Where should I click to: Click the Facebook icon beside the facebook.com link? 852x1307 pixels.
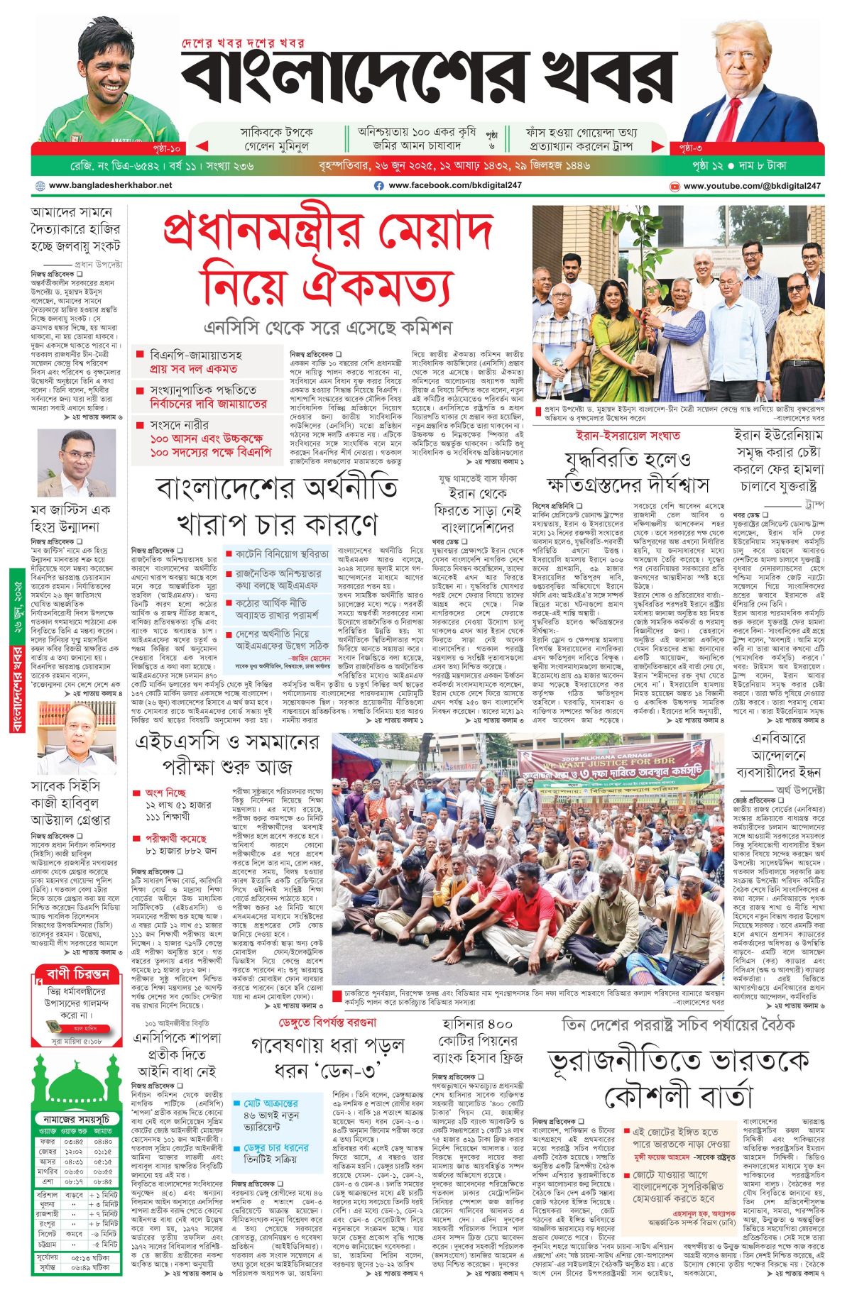(x=379, y=186)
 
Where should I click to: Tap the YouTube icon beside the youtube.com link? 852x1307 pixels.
(x=674, y=186)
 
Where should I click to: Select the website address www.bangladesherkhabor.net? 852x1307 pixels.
(x=110, y=186)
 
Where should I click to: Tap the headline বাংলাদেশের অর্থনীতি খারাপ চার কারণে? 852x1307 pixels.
(x=277, y=507)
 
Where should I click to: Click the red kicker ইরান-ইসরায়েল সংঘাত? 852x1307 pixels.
(x=628, y=436)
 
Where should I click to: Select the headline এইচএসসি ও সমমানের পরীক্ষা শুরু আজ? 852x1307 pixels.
(x=227, y=754)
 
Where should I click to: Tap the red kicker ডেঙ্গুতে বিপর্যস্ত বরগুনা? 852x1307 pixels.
(x=327, y=1023)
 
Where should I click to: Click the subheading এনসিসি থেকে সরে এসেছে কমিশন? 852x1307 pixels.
(x=328, y=328)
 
